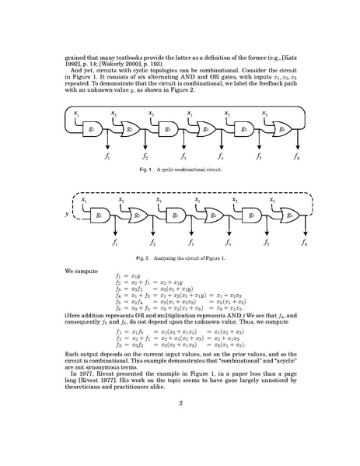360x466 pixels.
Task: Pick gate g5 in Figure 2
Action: click(247, 214)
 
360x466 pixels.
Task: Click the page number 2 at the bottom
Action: click(180, 403)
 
